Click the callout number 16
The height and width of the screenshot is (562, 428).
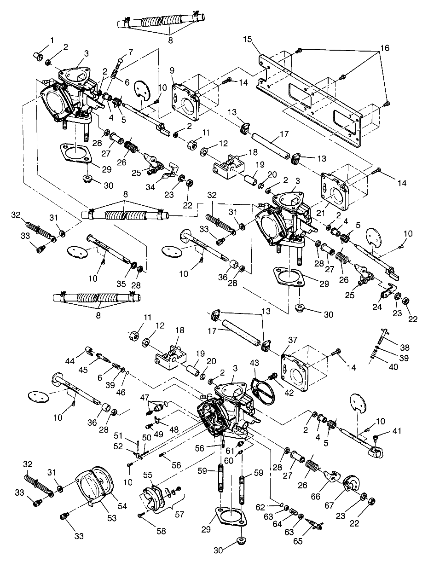[x=385, y=48]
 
